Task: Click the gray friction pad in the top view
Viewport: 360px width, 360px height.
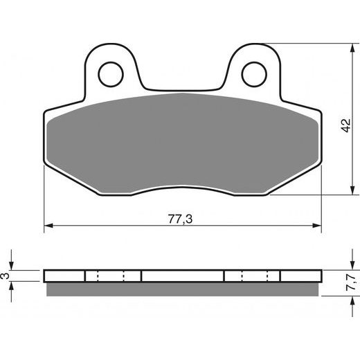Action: click(x=183, y=142)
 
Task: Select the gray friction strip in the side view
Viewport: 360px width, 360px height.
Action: click(x=183, y=287)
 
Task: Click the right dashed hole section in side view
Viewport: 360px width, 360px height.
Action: click(x=253, y=276)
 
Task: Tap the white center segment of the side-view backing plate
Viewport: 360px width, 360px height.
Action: click(x=183, y=276)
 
